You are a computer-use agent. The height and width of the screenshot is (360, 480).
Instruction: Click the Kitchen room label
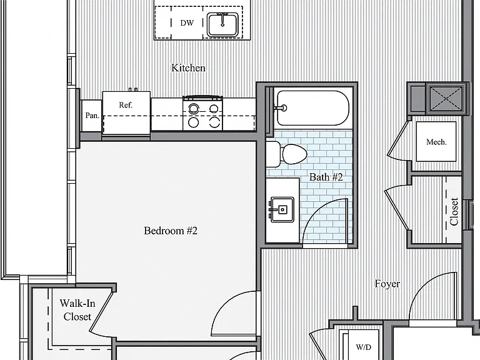188,67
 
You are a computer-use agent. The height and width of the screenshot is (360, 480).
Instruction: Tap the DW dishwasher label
187,23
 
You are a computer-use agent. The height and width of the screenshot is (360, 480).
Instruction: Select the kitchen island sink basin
222,25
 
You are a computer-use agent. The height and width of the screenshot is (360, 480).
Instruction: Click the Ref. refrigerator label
126,105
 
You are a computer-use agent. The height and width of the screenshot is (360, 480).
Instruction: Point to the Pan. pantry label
92,116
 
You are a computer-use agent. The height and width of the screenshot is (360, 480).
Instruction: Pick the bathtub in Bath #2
313,107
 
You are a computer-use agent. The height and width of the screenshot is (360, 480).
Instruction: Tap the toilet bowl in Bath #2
294,154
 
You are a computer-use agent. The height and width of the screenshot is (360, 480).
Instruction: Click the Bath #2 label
326,177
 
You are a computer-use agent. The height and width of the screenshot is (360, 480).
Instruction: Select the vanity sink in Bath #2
282,209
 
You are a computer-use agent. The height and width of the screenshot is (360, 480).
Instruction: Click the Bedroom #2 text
171,231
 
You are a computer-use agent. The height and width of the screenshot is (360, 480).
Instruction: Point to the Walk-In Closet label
77,310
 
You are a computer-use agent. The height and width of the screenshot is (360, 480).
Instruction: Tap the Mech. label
436,142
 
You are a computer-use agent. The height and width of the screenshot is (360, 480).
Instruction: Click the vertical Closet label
454,211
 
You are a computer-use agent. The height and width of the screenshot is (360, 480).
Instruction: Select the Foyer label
387,284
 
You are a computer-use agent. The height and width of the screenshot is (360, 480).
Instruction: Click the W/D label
364,347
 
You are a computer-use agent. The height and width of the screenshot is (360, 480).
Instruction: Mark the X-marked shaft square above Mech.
446,98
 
